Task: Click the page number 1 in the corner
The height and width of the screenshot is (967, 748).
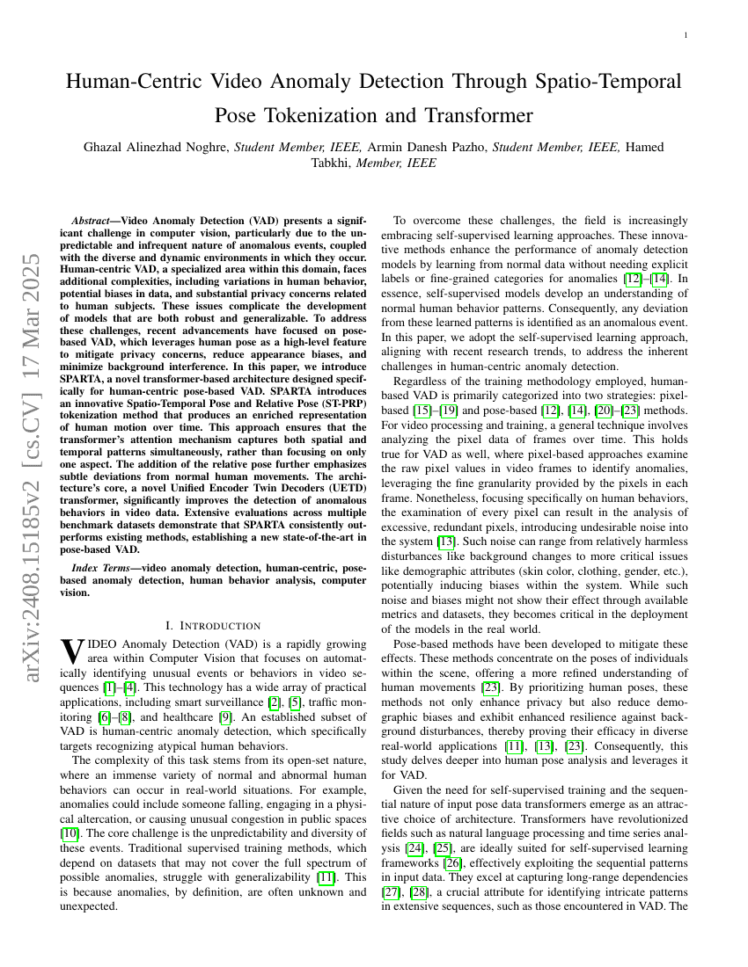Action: click(686, 35)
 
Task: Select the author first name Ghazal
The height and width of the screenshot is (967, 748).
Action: click(107, 147)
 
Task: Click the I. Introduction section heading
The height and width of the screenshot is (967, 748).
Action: click(213, 626)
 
